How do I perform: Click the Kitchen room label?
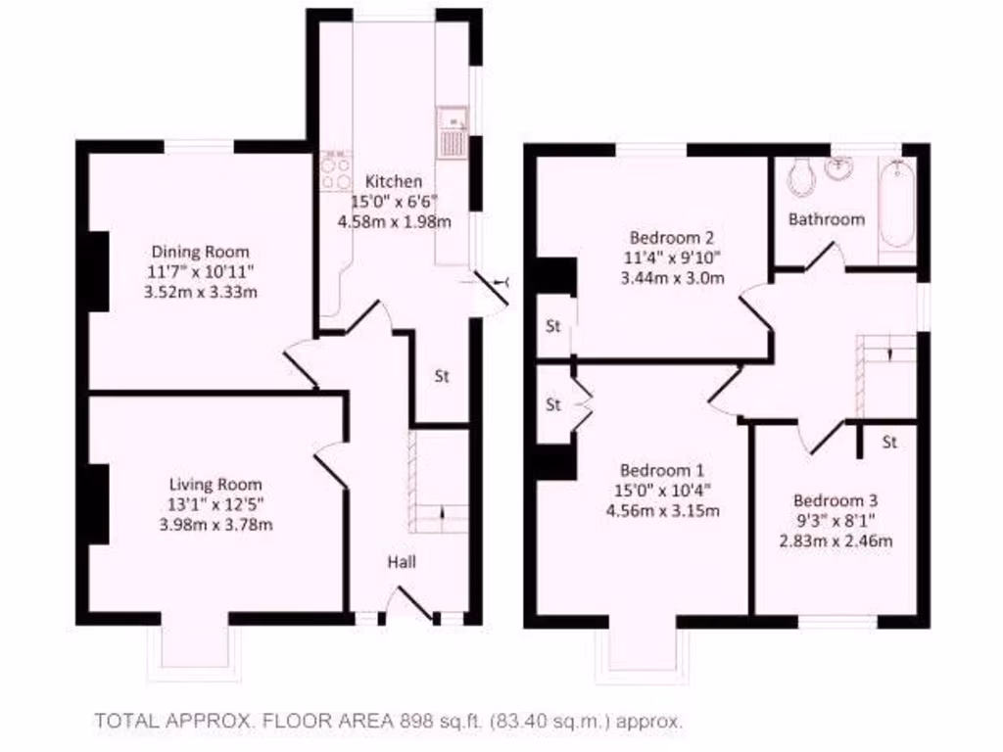pyautogui.click(x=394, y=181)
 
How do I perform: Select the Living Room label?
pyautogui.click(x=215, y=485)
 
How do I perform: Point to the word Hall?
pyautogui.click(x=402, y=562)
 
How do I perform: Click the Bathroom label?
pyautogui.click(x=827, y=219)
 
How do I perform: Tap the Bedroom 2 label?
pyautogui.click(x=671, y=237)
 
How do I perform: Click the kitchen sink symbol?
pyautogui.click(x=453, y=133)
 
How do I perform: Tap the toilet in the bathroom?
pyautogui.click(x=801, y=176)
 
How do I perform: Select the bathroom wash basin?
pyautogui.click(x=838, y=168)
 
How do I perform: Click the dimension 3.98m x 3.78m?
pyautogui.click(x=215, y=524)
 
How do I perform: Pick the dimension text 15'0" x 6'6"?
pyautogui.click(x=395, y=202)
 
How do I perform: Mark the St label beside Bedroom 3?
pyautogui.click(x=889, y=443)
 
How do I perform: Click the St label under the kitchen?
pyautogui.click(x=442, y=376)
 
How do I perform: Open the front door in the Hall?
pyautogui.click(x=410, y=604)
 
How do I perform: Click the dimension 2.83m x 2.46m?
pyautogui.click(x=836, y=540)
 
